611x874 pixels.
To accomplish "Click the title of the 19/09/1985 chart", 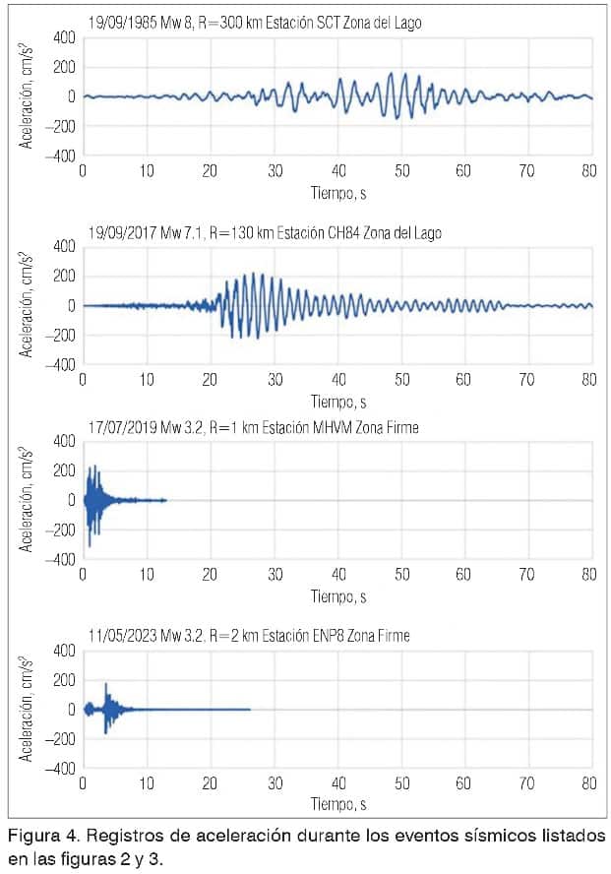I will (254, 22).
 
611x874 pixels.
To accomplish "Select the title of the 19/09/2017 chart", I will (263, 232).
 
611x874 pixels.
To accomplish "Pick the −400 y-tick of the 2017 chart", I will (60, 364).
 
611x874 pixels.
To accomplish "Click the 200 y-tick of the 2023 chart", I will (64, 680).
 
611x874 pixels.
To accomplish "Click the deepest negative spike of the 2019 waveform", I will (89, 545).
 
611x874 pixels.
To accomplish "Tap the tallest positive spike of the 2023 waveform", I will (106, 683).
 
